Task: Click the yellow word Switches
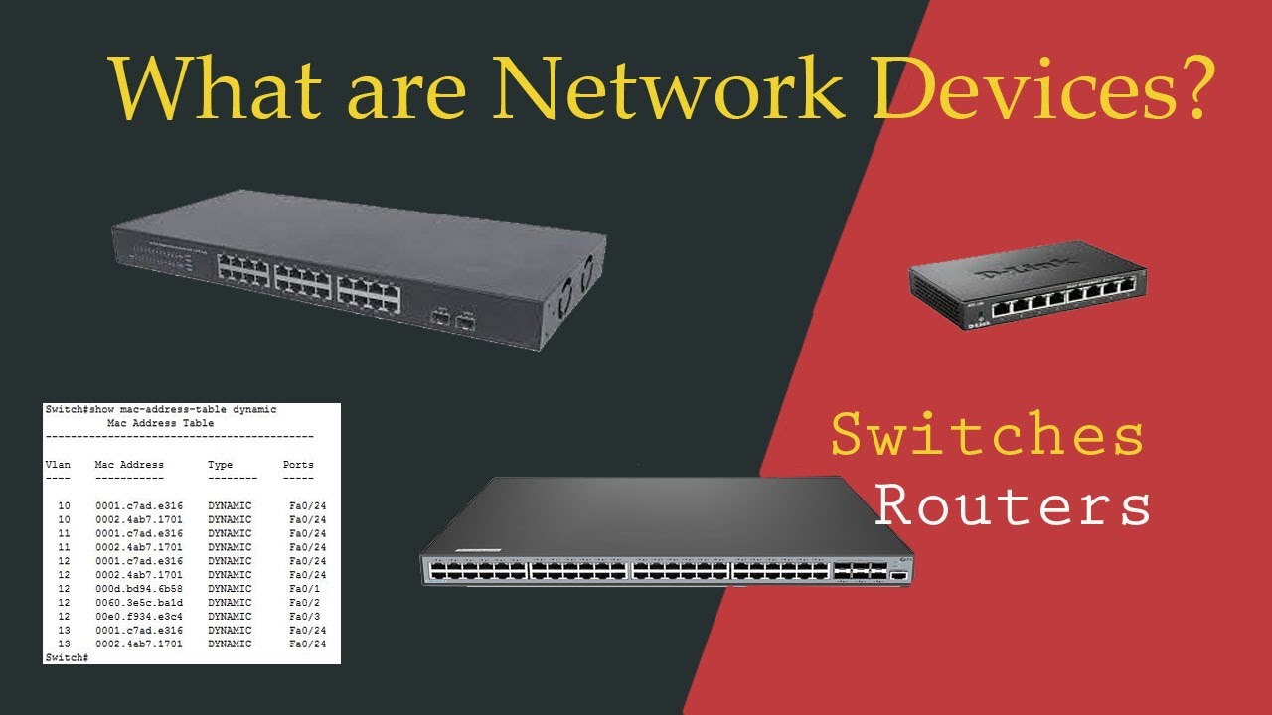(987, 436)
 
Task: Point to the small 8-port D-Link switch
(1030, 288)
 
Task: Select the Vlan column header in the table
(58, 465)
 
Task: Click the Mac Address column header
(129, 465)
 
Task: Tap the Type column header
(220, 465)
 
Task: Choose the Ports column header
(298, 465)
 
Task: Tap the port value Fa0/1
(304, 589)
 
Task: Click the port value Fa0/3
(304, 617)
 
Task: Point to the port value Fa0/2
(304, 603)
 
